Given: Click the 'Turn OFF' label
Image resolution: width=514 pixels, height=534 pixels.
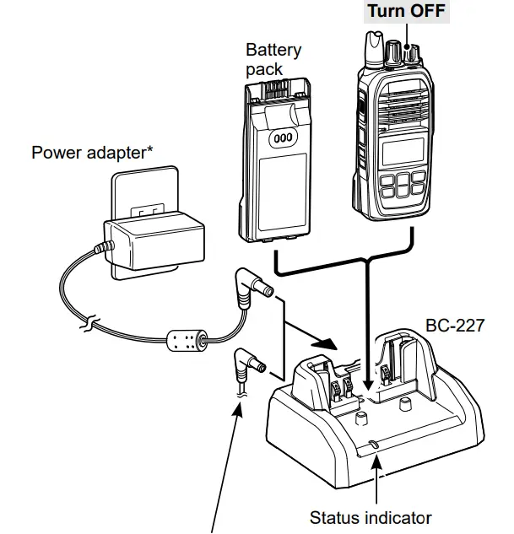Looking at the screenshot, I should point(404,12).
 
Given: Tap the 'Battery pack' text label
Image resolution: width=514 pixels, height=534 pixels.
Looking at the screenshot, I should point(273,59).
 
